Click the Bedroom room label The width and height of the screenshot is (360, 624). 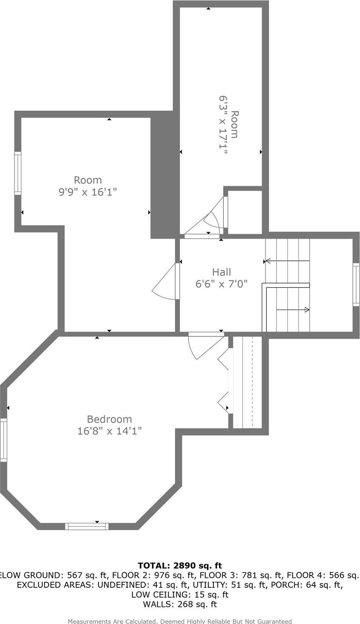(x=109, y=419)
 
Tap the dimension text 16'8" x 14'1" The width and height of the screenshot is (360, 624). (x=109, y=431)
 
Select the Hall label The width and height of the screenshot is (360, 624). (x=222, y=272)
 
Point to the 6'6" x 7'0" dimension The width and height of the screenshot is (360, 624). (x=222, y=284)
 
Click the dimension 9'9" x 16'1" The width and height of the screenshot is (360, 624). (x=88, y=192)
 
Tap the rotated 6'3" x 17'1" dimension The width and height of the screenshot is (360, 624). (x=223, y=124)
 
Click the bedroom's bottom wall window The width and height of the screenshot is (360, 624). (x=86, y=526)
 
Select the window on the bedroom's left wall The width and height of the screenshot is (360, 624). (x=3, y=440)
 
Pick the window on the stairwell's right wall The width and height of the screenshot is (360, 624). (x=356, y=284)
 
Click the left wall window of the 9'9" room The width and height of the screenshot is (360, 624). (x=17, y=173)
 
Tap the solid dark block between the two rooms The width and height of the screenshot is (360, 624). (x=164, y=175)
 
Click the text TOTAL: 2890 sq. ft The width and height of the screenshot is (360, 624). (x=180, y=566)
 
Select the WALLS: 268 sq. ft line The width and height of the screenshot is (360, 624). (x=180, y=604)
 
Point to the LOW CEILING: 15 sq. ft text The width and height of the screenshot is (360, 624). (x=180, y=595)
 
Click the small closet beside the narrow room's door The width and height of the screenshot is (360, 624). (x=245, y=212)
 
